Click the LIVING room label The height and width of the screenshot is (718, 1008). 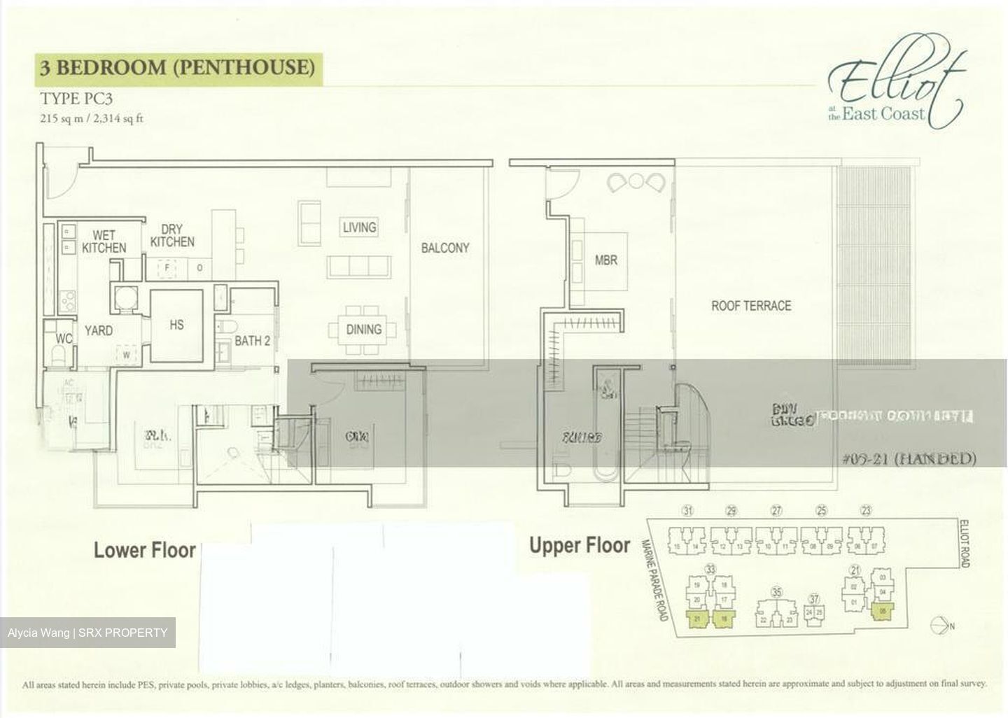[x=359, y=227]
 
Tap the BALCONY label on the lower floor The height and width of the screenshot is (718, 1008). [x=445, y=248]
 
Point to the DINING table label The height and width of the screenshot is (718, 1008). [x=363, y=329]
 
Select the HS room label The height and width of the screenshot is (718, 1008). [x=176, y=325]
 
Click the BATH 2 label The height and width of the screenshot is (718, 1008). [x=252, y=342]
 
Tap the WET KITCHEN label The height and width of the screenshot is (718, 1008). [x=104, y=241]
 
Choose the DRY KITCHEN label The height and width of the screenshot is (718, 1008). [x=172, y=236]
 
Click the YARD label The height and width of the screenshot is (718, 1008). [x=98, y=330]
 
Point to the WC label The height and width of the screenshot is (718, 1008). [x=64, y=339]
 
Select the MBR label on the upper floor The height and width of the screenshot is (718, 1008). [x=606, y=260]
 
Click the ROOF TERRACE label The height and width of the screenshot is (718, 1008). [x=751, y=306]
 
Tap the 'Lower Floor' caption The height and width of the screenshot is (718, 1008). [x=145, y=550]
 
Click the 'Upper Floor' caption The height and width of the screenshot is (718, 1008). [x=580, y=545]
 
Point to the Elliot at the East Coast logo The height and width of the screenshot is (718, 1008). [x=895, y=89]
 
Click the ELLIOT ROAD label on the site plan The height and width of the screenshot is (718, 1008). [x=964, y=543]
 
